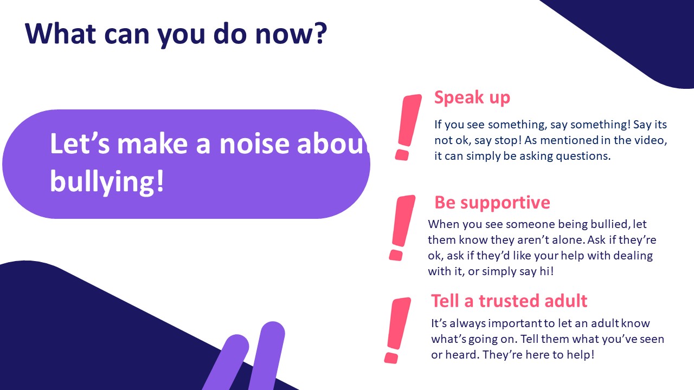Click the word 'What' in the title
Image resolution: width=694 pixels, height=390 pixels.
pos(60,34)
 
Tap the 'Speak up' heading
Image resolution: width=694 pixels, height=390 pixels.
pos(472,98)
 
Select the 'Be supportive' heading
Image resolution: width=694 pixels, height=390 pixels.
pos(492,203)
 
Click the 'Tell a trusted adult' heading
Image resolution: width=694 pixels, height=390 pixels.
pos(509,301)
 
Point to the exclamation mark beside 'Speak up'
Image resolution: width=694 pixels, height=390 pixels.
pos(408,127)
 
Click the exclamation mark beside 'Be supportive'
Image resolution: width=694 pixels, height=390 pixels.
pos(402,227)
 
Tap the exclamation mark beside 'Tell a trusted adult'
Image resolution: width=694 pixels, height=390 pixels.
pos(397,330)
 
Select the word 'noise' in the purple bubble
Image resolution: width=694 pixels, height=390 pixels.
pos(254,144)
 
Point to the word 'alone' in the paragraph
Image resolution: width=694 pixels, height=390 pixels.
pos(566,240)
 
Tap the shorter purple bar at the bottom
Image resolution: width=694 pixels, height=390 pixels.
pos(226,362)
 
